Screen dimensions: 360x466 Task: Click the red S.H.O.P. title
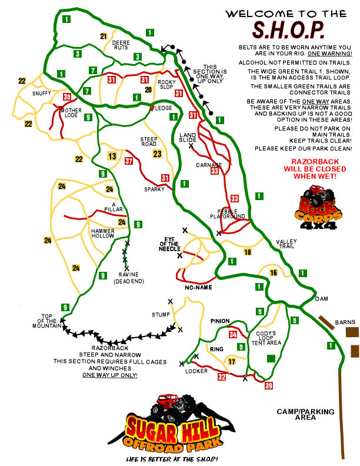tap(288, 30)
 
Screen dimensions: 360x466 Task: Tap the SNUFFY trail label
tap(42, 94)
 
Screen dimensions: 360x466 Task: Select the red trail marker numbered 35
tap(67, 97)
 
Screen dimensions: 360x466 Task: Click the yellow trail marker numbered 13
tap(112, 156)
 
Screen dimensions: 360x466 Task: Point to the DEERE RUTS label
tap(121, 45)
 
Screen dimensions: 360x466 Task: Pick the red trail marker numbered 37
tap(129, 161)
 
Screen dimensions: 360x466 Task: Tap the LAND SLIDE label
tap(188, 137)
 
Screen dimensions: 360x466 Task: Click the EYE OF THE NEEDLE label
tap(169, 244)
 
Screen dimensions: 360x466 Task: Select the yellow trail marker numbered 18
tap(248, 252)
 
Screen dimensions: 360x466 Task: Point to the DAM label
tap(322, 299)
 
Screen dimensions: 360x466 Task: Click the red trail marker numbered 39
tap(268, 385)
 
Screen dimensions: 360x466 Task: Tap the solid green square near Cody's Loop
tap(271, 358)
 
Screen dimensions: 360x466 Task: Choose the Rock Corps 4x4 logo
tap(318, 207)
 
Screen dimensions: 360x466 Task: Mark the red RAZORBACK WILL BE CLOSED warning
tap(315, 169)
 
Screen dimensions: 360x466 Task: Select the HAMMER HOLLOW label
tap(103, 234)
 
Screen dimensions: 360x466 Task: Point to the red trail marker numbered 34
tap(233, 335)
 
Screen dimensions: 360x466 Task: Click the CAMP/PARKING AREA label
tap(306, 414)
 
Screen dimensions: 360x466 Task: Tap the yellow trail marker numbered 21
tap(104, 36)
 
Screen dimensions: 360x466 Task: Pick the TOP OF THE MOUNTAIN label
tap(47, 321)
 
